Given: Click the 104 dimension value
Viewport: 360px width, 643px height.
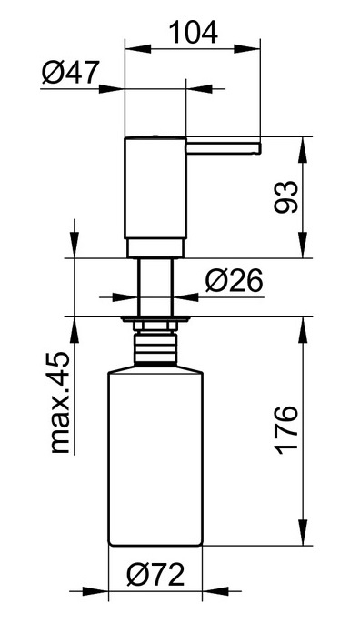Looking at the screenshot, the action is click(x=193, y=33).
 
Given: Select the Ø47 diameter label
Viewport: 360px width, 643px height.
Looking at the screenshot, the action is click(x=71, y=72).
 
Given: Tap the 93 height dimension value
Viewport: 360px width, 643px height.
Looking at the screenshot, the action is click(x=285, y=196).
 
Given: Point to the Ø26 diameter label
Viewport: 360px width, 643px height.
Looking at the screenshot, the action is click(x=235, y=281).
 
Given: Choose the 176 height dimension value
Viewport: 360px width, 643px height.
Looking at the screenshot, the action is click(x=285, y=429).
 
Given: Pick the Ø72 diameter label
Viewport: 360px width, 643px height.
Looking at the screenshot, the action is click(x=155, y=575).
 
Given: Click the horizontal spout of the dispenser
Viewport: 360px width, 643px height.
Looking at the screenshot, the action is click(x=224, y=148).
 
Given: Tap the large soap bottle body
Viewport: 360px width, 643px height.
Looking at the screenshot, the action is click(x=155, y=457).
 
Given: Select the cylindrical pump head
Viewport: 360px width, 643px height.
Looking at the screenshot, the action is click(x=155, y=187).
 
